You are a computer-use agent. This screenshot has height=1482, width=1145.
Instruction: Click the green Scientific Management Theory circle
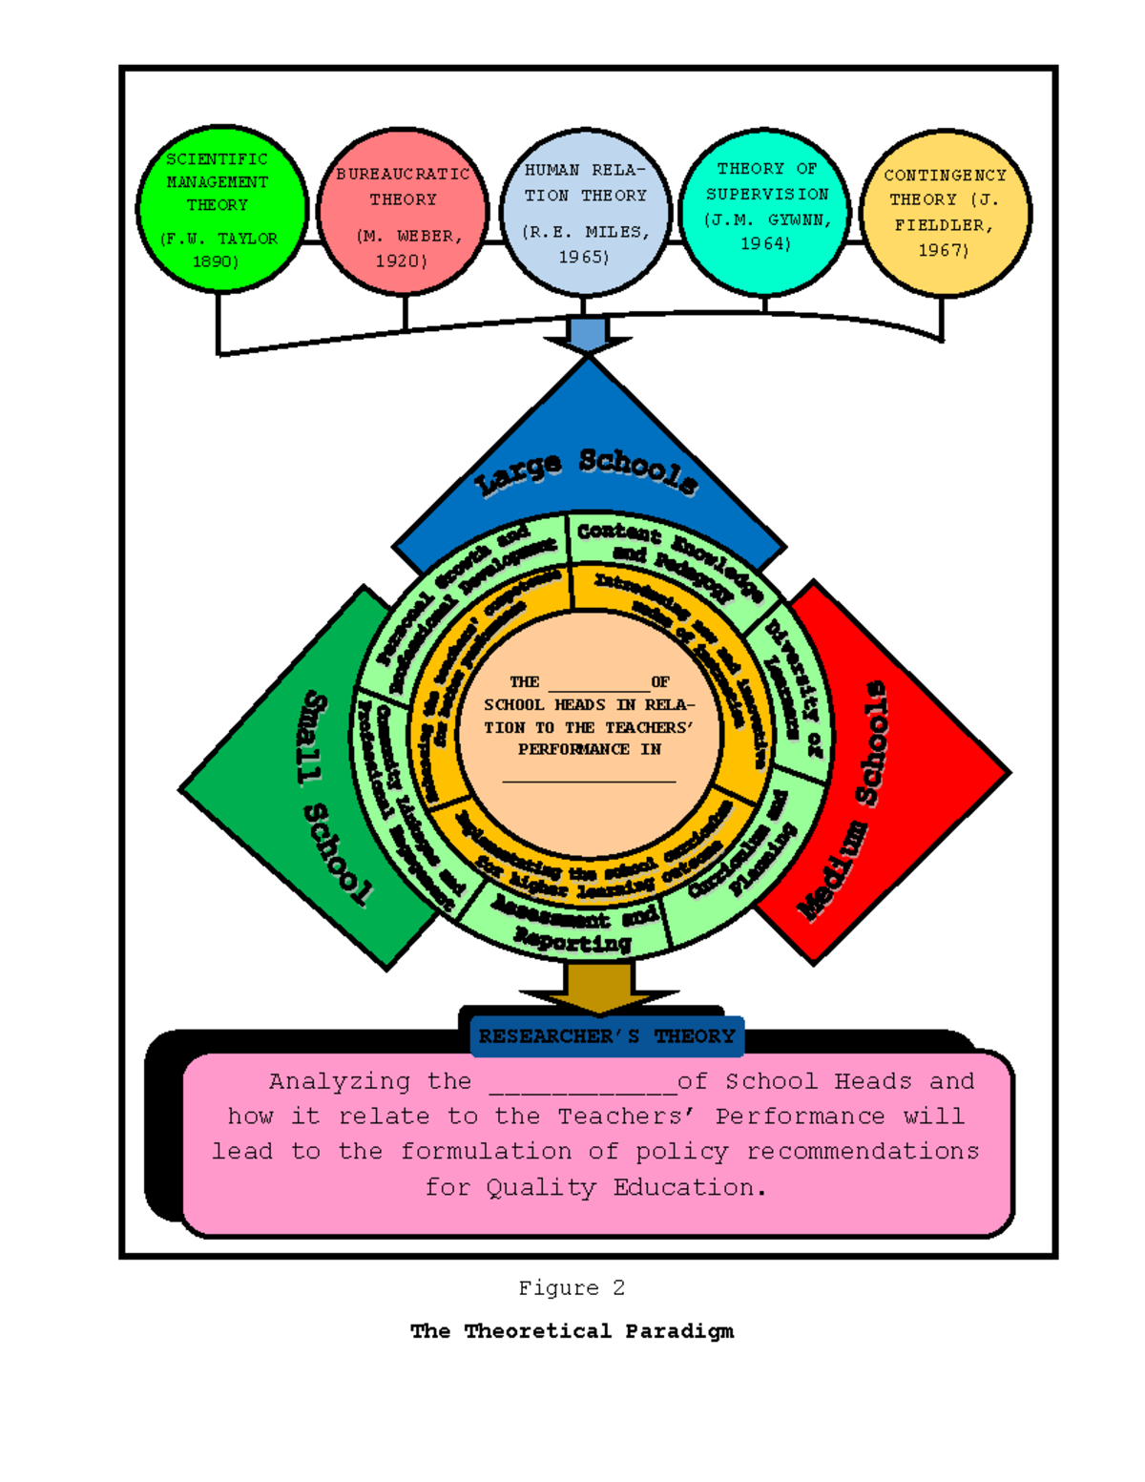click(220, 209)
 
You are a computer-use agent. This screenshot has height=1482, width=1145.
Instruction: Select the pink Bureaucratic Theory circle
click(402, 212)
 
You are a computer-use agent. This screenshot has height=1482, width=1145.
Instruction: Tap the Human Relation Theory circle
click(585, 213)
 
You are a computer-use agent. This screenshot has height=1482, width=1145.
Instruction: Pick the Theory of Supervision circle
click(766, 212)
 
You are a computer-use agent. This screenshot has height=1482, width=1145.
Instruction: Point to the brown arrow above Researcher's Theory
click(598, 989)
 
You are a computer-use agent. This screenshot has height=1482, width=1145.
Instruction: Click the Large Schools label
click(587, 469)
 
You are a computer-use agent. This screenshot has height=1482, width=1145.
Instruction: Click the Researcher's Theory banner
click(607, 1036)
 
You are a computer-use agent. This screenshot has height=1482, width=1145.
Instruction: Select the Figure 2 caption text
click(572, 1288)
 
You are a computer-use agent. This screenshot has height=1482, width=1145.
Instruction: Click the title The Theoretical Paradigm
click(572, 1331)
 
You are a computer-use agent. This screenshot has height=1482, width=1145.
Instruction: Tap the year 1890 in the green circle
click(216, 261)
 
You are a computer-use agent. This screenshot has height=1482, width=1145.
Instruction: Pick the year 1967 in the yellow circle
click(943, 250)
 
